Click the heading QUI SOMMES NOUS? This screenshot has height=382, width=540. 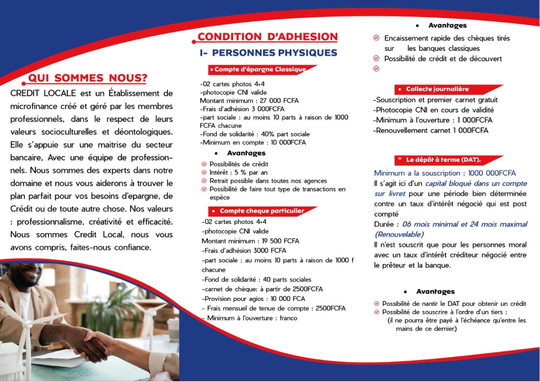pyautogui.click(x=87, y=78)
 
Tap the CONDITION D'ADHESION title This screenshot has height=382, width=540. pyautogui.click(x=267, y=37)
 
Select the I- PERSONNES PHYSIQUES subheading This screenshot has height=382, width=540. pyautogui.click(x=268, y=53)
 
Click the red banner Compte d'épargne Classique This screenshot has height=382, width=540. pyautogui.click(x=261, y=69)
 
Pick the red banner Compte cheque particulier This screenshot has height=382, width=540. pyautogui.click(x=262, y=211)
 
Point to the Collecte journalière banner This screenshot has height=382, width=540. pyautogui.click(x=437, y=89)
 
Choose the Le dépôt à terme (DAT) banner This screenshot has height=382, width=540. pyautogui.click(x=443, y=160)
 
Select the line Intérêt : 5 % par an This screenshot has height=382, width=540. pyautogui.click(x=238, y=172)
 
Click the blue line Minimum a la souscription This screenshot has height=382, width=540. pyautogui.click(x=445, y=173)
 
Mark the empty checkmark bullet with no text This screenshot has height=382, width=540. pyautogui.click(x=376, y=68)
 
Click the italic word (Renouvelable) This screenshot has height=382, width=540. pyautogui.click(x=399, y=234)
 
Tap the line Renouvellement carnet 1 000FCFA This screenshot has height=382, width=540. pyautogui.click(x=430, y=131)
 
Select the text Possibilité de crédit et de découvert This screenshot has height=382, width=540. pyautogui.click(x=443, y=59)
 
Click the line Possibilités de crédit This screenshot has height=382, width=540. pyautogui.click(x=239, y=164)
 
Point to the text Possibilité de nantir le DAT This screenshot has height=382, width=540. pyautogui.click(x=454, y=303)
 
